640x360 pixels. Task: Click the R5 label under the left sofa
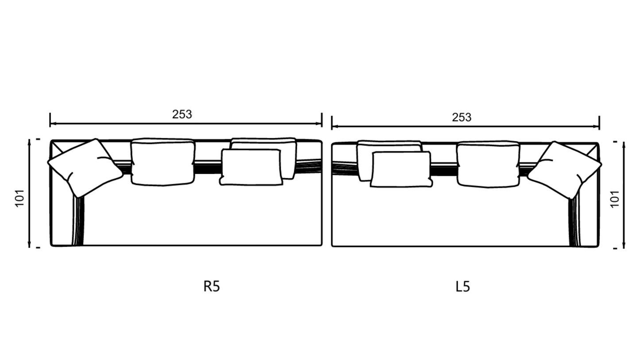[211, 286]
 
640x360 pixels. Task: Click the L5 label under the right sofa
[462, 286]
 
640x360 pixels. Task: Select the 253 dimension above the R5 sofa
[182, 114]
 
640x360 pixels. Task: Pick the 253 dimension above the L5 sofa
[462, 117]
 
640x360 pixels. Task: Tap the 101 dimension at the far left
[20, 198]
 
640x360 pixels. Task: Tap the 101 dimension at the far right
[615, 199]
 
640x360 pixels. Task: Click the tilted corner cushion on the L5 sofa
[564, 170]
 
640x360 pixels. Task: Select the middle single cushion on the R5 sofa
[163, 162]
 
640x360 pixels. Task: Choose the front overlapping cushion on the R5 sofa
[251, 167]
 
